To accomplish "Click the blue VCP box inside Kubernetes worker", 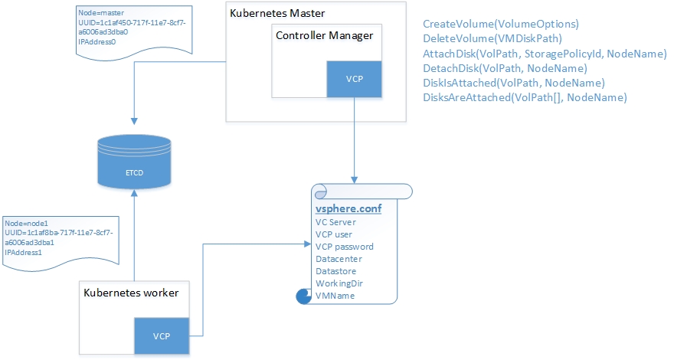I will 161,336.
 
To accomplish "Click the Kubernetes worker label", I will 131,293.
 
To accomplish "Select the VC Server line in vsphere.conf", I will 335,222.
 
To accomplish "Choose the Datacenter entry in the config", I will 335,259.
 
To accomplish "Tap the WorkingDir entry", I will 339,283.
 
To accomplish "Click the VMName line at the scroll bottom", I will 335,296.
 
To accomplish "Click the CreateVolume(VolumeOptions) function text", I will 501,25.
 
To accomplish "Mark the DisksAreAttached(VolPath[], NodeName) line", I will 525,97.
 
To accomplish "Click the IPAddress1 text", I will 25,251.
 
